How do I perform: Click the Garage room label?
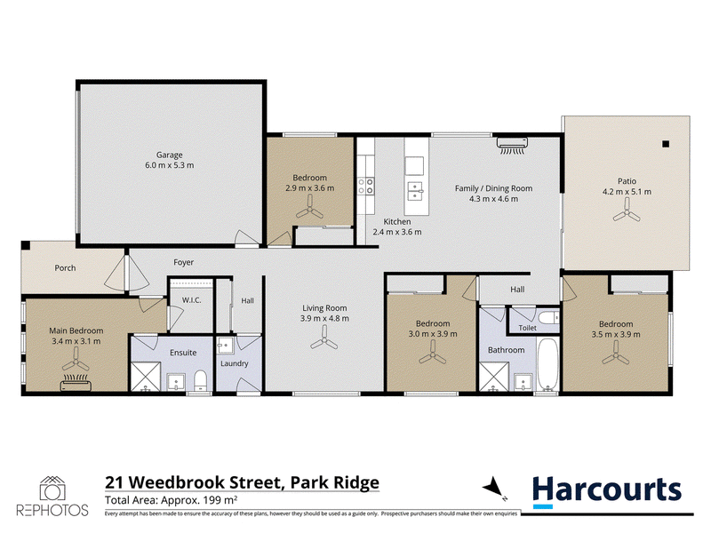169,155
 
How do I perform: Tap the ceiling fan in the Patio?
627,211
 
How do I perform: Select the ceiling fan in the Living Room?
324,338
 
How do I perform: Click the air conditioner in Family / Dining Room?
513,146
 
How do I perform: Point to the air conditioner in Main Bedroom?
76,383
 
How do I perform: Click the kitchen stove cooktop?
366,186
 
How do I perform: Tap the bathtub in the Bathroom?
548,364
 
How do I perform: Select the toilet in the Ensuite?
201,381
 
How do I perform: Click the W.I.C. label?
191,300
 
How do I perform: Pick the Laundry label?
235,363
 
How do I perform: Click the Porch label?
65,268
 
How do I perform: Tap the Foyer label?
184,262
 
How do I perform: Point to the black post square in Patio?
666,144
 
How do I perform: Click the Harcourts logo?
607,492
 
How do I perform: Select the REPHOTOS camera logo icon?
52,489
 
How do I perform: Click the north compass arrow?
492,488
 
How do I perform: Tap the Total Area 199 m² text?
172,500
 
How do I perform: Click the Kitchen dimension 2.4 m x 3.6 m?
397,232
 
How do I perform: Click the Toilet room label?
527,328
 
